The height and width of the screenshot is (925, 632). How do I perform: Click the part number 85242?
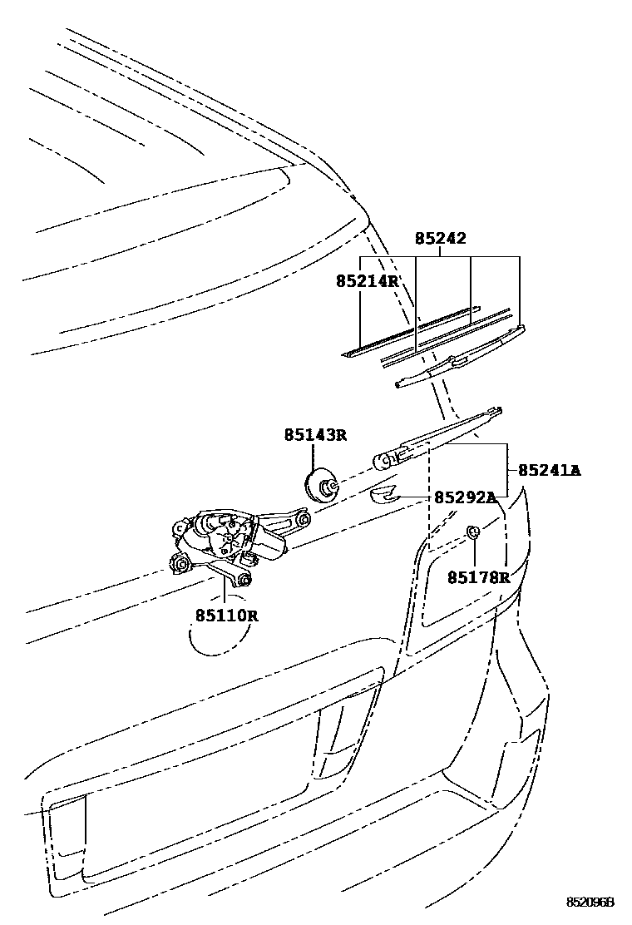(440, 239)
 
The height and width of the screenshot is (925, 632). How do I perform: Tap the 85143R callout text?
(314, 434)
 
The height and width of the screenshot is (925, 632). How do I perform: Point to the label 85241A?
(550, 470)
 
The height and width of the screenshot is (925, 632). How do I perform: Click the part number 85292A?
(465, 497)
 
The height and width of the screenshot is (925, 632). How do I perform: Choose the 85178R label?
(478, 576)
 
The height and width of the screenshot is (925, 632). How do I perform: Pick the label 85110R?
(227, 616)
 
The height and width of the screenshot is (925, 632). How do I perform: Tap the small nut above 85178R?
(472, 532)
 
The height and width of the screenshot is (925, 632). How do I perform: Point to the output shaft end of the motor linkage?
(304, 519)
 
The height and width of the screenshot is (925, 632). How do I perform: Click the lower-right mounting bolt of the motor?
(244, 579)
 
